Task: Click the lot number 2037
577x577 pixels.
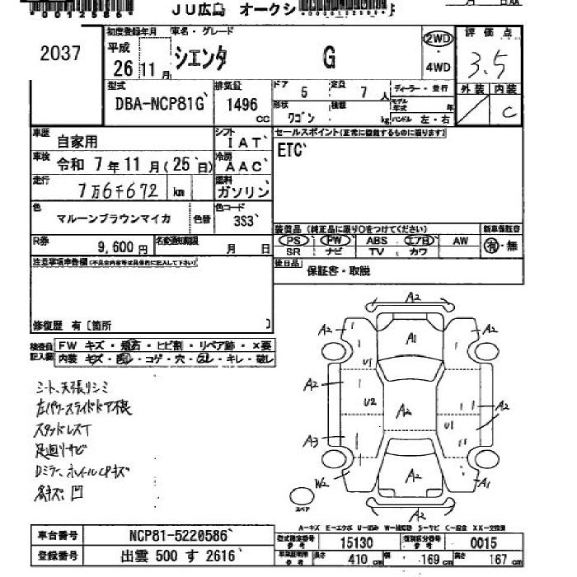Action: tap(60, 54)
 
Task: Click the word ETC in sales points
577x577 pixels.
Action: tap(290, 151)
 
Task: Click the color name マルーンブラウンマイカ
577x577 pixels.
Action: tap(114, 218)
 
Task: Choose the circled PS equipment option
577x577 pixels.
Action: tap(293, 240)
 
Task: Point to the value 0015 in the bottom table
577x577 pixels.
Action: tap(483, 542)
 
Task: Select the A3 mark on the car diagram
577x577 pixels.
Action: tap(311, 440)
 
